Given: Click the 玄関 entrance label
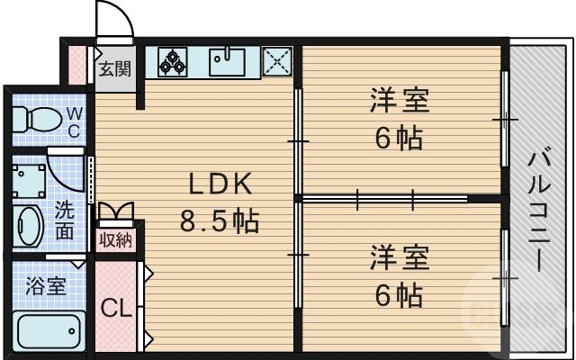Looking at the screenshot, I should (115, 68).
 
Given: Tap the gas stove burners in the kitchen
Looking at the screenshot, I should (172, 61).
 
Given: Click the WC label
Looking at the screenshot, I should (74, 121).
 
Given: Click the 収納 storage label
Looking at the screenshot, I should (115, 239).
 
